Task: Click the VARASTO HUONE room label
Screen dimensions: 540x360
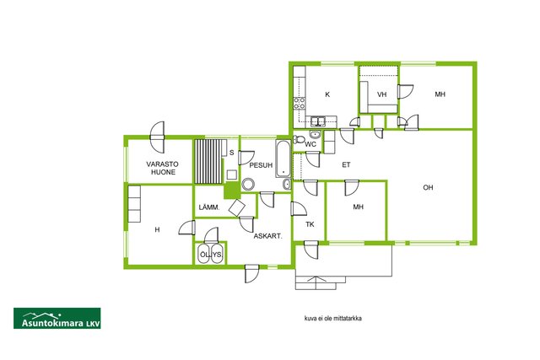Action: click(162, 168)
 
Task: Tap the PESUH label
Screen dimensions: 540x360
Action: click(261, 165)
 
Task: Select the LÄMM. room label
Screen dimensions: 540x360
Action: click(209, 207)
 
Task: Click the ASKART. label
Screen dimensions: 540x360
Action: click(268, 236)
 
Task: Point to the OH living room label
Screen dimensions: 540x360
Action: click(428, 187)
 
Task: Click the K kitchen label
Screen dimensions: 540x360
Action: click(327, 94)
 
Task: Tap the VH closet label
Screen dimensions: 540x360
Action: click(381, 94)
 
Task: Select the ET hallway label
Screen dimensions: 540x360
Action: click(346, 165)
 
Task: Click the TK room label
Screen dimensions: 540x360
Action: click(310, 224)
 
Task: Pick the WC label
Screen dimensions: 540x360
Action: click(310, 144)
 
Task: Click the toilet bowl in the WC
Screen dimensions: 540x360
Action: click(299, 139)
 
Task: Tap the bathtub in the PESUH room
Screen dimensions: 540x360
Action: click(283, 159)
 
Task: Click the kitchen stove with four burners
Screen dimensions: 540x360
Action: click(300, 103)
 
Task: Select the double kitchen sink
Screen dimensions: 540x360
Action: click(318, 121)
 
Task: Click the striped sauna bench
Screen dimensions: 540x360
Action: click(208, 161)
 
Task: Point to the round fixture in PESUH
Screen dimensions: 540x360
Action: click(247, 184)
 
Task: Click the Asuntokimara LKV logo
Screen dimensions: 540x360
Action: click(57, 319)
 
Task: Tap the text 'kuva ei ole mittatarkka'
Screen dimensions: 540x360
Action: click(332, 319)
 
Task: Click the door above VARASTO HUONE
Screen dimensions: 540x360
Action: click(158, 137)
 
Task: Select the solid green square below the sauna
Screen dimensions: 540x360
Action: click(232, 191)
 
